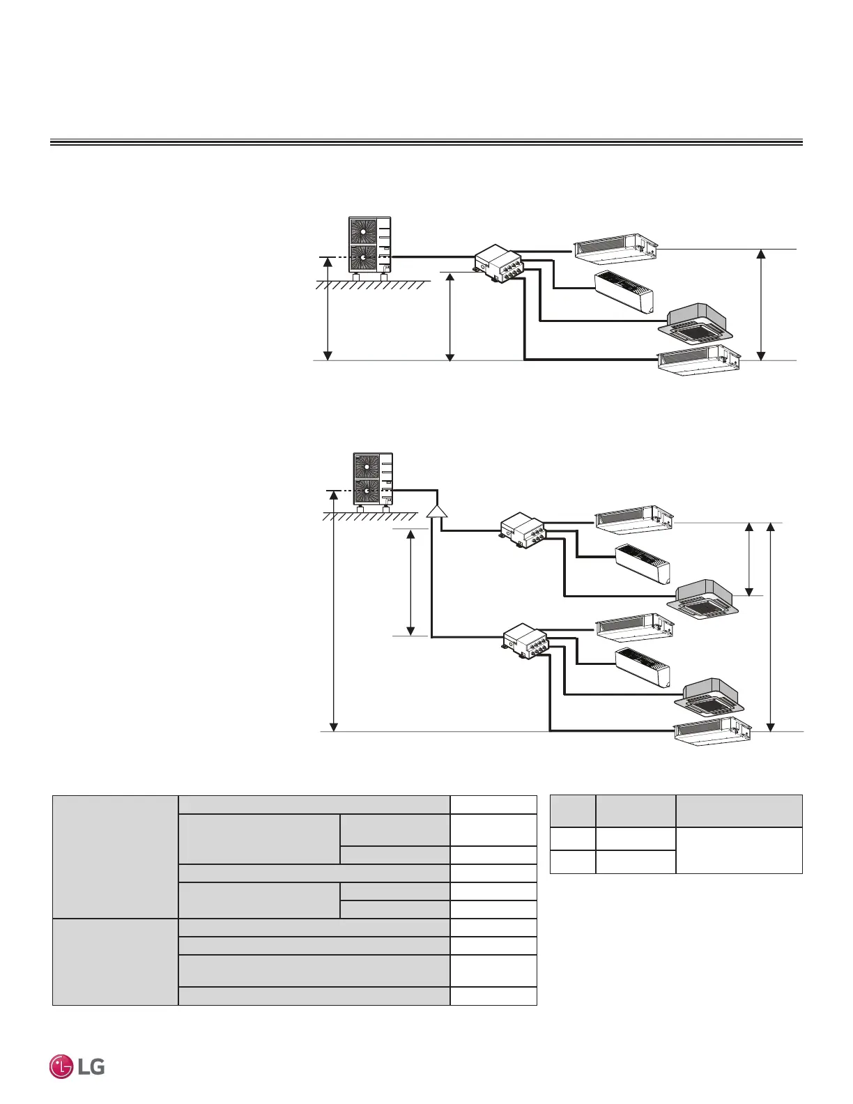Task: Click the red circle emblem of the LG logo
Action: (62, 1067)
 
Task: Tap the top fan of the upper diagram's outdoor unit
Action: (363, 231)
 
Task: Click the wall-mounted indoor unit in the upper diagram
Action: (624, 291)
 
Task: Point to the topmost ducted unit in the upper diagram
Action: (616, 247)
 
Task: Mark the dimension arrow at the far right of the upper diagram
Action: (762, 305)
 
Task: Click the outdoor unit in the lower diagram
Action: (373, 480)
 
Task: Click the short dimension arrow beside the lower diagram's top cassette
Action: (750, 559)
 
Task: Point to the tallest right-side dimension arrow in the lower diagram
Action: (771, 626)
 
